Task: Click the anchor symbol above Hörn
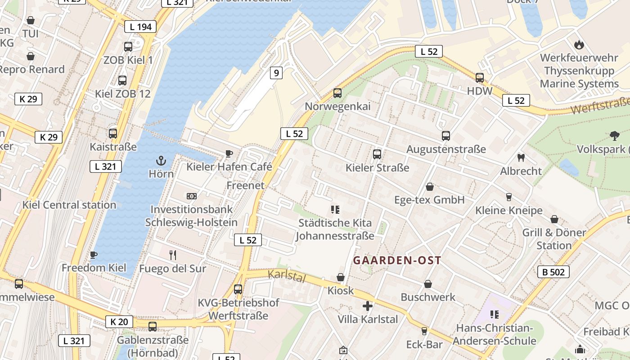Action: pos(161,160)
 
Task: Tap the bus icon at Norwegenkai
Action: pos(337,93)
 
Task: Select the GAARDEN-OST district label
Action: pos(397,260)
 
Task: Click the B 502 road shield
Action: pos(553,272)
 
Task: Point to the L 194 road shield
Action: pos(140,27)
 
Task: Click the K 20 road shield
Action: pos(119,321)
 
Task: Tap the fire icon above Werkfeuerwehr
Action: pos(579,45)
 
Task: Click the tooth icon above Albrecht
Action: pos(521,157)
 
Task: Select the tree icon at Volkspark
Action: pos(614,135)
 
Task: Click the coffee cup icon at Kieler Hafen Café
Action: pos(229,153)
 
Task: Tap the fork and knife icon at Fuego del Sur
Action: pos(173,255)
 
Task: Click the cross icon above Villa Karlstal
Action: pos(368,306)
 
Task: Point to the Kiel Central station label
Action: pos(69,205)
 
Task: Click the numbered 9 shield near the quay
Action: pos(276,72)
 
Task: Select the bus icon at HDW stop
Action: pos(480,77)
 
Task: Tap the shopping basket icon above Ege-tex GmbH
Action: pos(430,186)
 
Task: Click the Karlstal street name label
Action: pos(287,276)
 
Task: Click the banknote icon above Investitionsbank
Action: pos(192,196)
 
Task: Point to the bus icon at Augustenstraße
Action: pos(446,135)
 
